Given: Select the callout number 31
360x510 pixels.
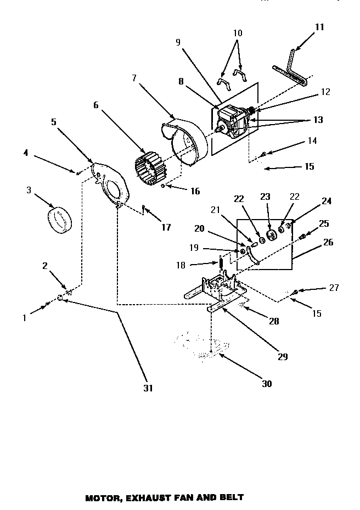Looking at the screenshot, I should click(x=148, y=388).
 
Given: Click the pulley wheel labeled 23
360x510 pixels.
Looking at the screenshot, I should click(x=269, y=237).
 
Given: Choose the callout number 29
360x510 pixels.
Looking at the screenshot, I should click(x=282, y=356).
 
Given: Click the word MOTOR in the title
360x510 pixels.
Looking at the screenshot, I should click(x=103, y=498).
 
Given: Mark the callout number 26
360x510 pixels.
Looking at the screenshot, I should click(x=328, y=242).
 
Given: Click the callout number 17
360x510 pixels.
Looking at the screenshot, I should click(x=165, y=227).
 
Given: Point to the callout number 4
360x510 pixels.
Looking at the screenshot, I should click(x=26, y=153).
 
